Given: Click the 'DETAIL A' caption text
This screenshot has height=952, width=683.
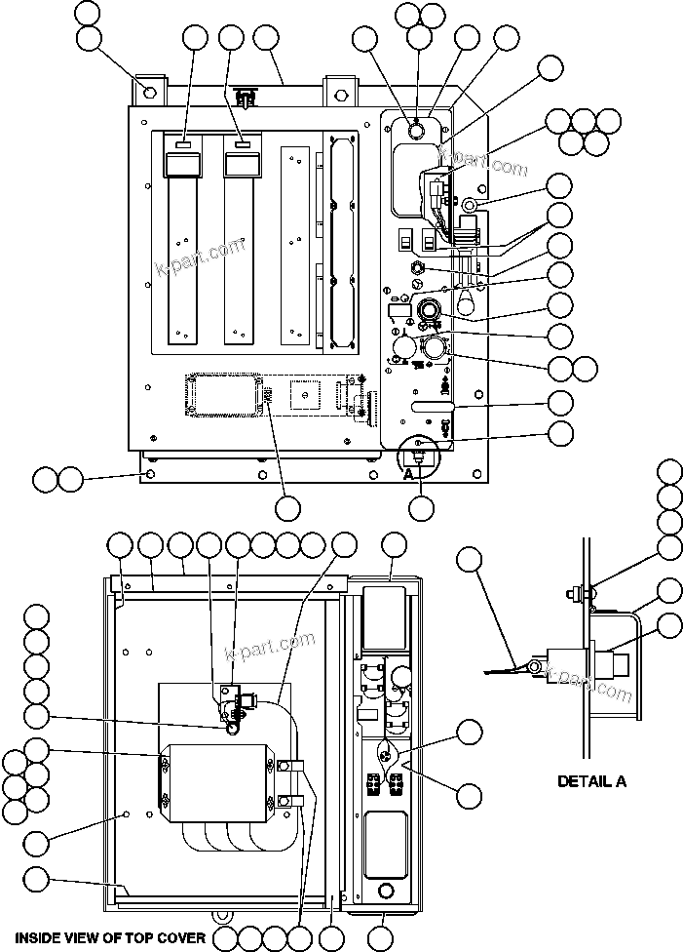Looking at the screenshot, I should [591, 781].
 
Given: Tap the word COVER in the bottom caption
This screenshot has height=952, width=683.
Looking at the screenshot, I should [181, 938].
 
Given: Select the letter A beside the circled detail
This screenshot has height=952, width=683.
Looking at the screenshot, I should [410, 473].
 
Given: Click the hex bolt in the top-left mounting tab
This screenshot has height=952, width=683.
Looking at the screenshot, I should [149, 93].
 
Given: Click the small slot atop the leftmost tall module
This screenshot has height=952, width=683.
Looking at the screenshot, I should [183, 143].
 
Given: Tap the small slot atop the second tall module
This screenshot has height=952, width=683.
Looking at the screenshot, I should [241, 143].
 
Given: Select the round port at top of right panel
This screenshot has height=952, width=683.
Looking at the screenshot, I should [414, 130].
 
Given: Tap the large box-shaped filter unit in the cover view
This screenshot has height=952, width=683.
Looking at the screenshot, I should [214, 781].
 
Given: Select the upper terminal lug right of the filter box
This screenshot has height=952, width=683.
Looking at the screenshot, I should [289, 766].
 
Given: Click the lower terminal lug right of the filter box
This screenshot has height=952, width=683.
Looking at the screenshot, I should [289, 802].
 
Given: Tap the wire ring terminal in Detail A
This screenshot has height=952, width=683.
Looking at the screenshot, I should [533, 667].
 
